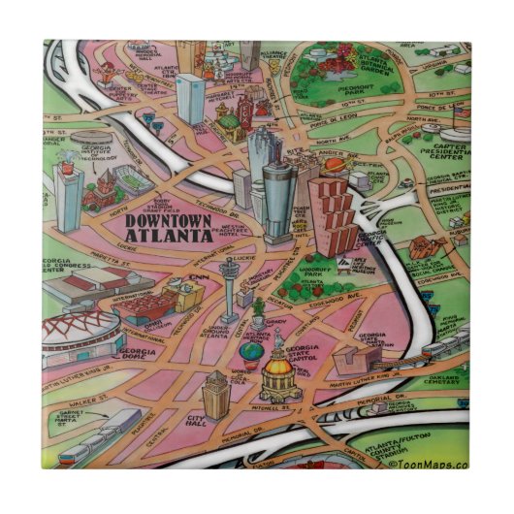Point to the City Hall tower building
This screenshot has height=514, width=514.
click(x=213, y=395)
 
